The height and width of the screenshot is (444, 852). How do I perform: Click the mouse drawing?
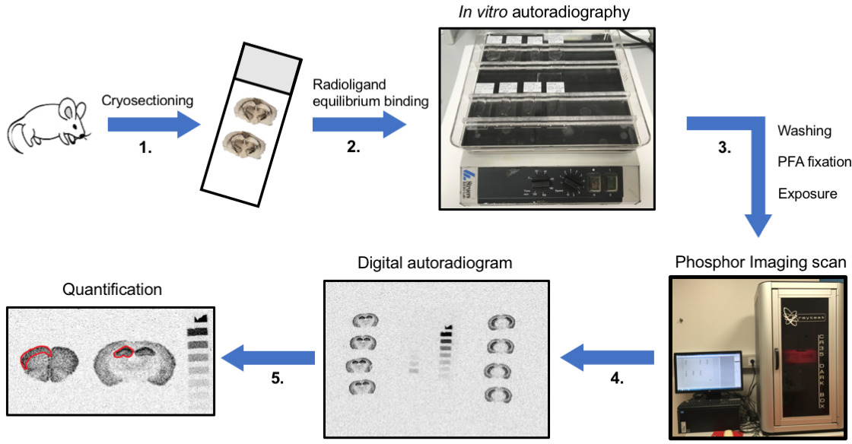50,126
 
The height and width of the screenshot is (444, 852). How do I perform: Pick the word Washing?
805,131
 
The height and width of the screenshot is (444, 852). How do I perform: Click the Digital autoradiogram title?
436,263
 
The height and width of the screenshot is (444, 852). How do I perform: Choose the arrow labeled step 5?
277,356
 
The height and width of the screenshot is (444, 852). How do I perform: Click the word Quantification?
113,290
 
